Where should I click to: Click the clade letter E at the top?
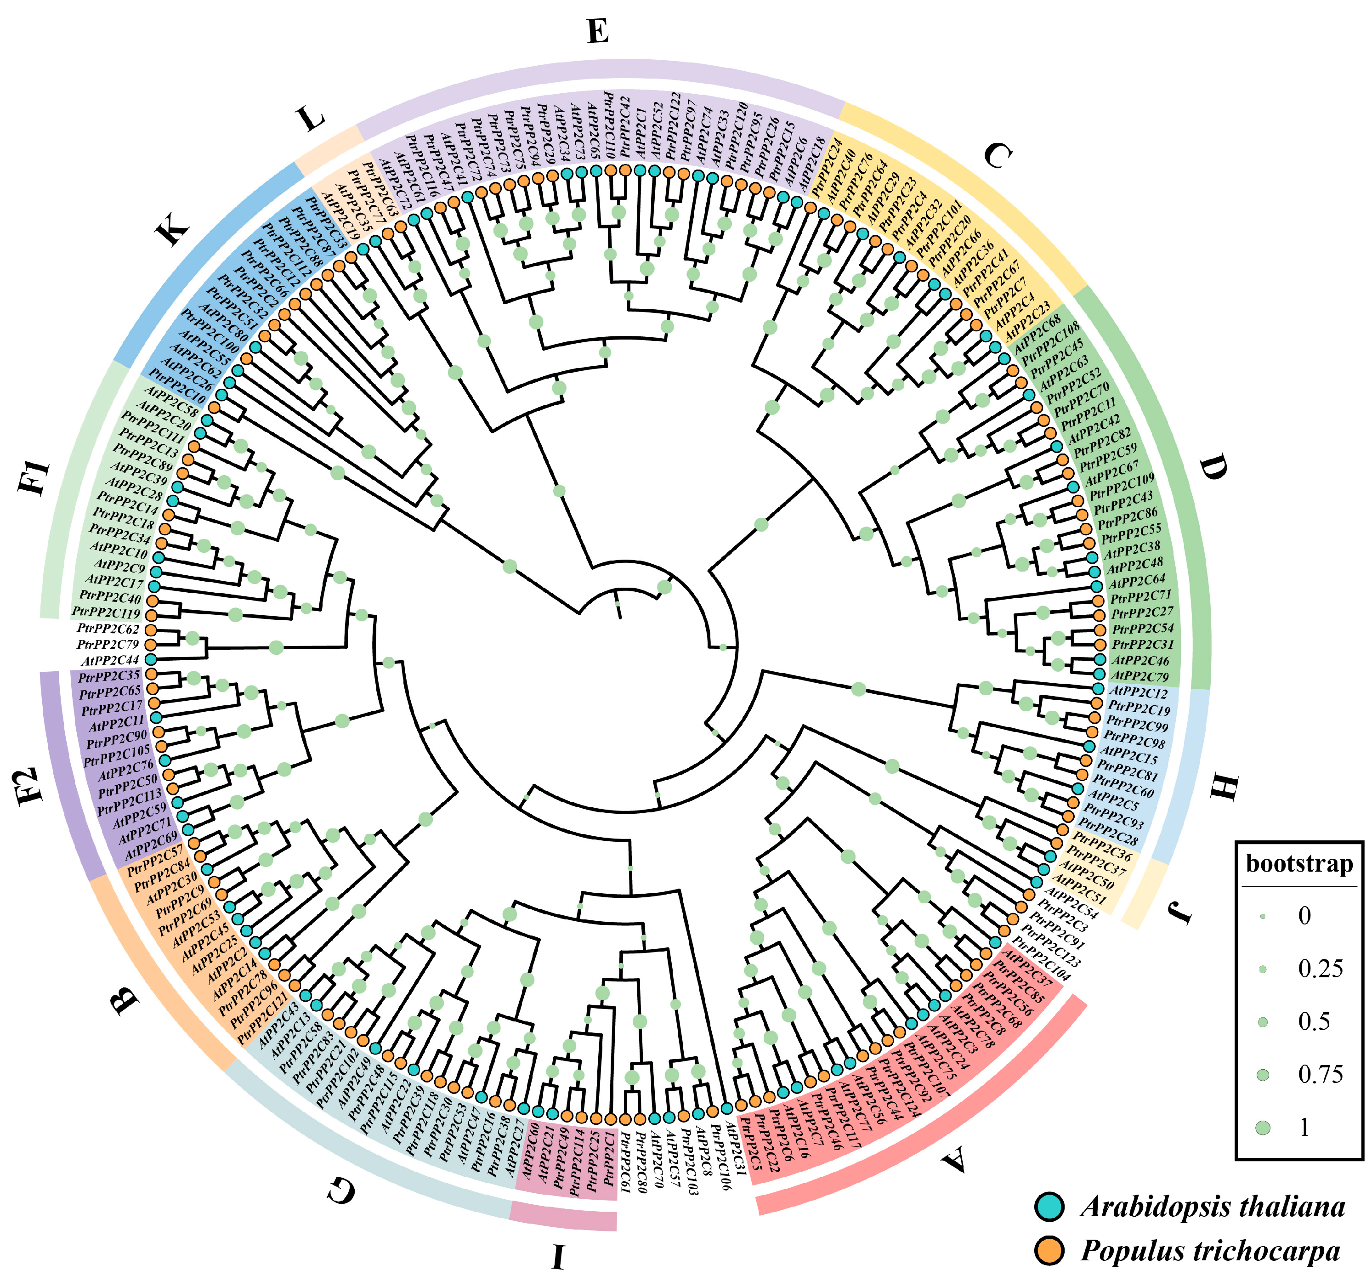point(598,31)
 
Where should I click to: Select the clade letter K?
point(173,226)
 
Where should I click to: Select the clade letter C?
point(996,156)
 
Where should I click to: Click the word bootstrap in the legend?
point(1299,863)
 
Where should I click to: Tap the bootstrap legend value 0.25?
point(1320,969)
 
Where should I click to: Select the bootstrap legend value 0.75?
point(1320,1074)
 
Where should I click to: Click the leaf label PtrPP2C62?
point(108,629)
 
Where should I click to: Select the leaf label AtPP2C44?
point(110,660)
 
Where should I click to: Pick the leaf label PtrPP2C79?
point(108,645)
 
